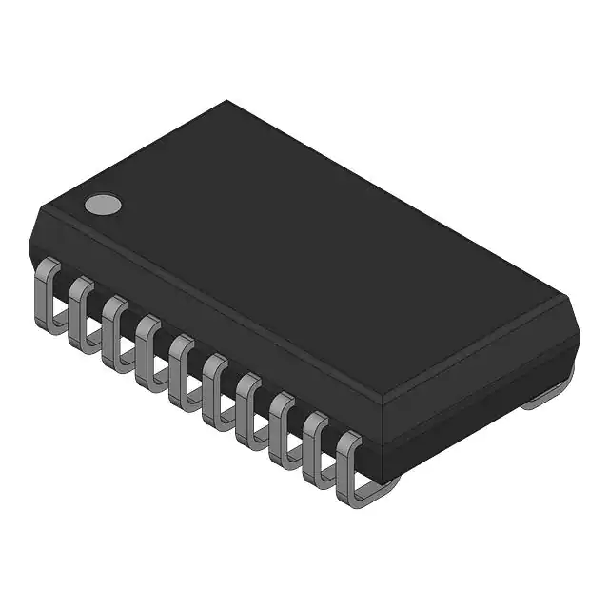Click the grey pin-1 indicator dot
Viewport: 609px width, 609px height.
(x=103, y=203)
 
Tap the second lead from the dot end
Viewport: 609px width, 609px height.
(x=82, y=311)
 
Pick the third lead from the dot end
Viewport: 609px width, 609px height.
(x=115, y=329)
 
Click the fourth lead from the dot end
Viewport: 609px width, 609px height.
(x=147, y=348)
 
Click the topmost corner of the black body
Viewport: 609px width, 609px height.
(x=226, y=101)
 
